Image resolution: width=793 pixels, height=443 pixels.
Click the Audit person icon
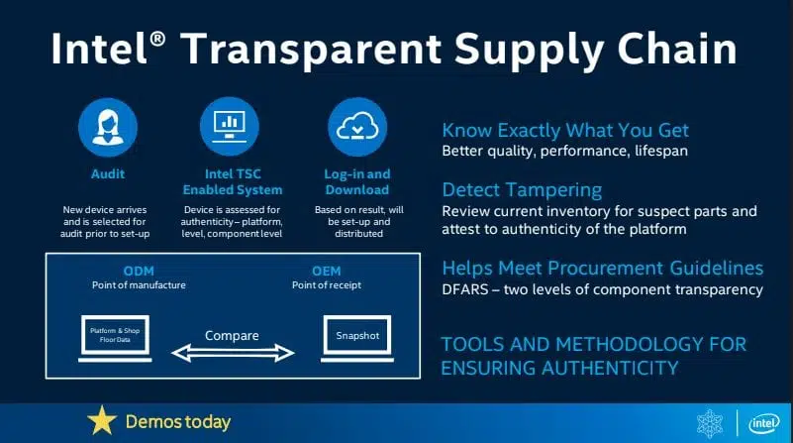pos(108,127)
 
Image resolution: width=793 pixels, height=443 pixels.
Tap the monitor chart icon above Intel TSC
pos(229,127)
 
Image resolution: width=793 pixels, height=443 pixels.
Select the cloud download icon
pos(357,127)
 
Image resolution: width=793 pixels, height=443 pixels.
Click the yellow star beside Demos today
pos(102,421)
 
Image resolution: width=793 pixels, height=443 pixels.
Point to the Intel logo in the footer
pos(763,423)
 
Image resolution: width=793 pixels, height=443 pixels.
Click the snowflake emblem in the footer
pos(710,423)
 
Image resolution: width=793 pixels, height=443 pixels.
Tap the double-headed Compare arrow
pos(233,353)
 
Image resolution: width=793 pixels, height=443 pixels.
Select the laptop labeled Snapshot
pos(357,338)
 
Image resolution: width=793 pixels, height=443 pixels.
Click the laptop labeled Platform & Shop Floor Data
pos(115,338)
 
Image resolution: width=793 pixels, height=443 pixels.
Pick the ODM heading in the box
pos(139,271)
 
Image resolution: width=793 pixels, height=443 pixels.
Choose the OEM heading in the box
pos(326,271)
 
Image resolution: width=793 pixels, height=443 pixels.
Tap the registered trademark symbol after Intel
pos(157,39)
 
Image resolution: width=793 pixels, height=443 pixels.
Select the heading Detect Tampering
pos(522,190)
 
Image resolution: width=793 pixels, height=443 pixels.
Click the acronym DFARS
pos(465,289)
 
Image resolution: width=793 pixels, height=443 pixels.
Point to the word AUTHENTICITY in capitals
pos(610,368)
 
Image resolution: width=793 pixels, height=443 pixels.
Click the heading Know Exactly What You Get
pos(565,131)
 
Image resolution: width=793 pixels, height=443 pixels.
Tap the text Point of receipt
pos(327,285)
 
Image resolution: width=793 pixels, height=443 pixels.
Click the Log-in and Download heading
pos(357,181)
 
